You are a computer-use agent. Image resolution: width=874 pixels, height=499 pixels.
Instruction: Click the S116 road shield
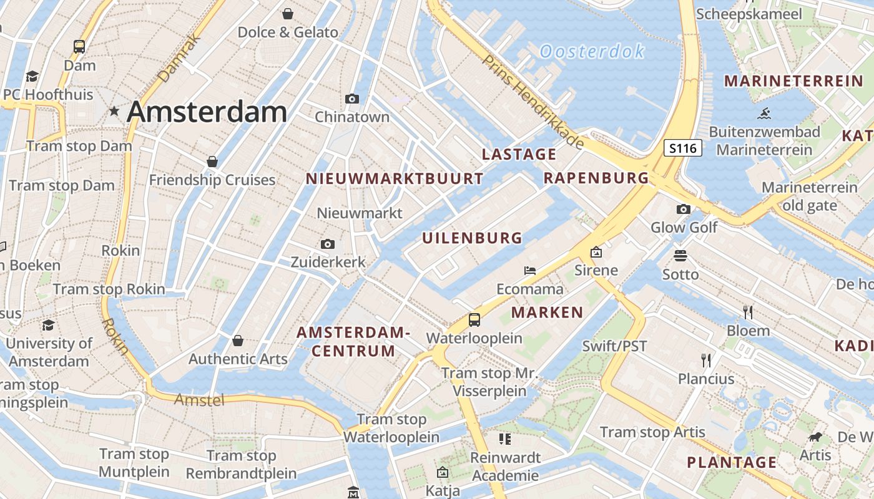pyautogui.click(x=682, y=148)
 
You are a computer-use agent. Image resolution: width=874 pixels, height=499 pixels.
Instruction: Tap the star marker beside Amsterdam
pyautogui.click(x=114, y=112)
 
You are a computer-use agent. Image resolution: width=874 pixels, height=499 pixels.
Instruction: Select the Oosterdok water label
pyautogui.click(x=592, y=51)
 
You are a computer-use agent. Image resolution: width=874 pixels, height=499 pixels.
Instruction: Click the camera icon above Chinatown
pyautogui.click(x=352, y=99)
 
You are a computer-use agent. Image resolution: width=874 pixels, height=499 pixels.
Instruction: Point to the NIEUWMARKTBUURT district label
pyautogui.click(x=395, y=179)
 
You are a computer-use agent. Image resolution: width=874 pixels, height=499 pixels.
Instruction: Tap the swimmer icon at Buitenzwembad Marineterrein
pyautogui.click(x=764, y=114)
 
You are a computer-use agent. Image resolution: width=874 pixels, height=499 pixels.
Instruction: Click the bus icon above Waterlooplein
pyautogui.click(x=474, y=320)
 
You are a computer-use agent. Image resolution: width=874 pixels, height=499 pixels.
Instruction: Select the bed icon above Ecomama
pyautogui.click(x=530, y=271)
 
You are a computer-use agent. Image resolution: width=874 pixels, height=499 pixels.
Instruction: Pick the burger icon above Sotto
pyautogui.click(x=680, y=256)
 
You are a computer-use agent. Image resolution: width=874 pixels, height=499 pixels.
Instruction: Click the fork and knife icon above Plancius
pyautogui.click(x=706, y=360)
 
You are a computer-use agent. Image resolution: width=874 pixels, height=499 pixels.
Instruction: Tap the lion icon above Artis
pyautogui.click(x=815, y=437)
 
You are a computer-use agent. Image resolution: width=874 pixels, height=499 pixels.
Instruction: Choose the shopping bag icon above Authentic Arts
pyautogui.click(x=238, y=341)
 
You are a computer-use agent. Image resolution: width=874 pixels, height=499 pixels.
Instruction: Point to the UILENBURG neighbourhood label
pyautogui.click(x=472, y=238)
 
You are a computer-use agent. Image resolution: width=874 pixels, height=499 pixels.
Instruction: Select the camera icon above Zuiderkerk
pyautogui.click(x=328, y=244)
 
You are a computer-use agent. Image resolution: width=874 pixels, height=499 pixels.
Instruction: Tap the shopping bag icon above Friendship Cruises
pyautogui.click(x=212, y=162)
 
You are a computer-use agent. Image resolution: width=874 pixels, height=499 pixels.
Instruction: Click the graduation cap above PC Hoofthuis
pyautogui.click(x=32, y=76)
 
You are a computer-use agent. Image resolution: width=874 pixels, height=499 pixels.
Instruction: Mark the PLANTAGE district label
pyautogui.click(x=732, y=462)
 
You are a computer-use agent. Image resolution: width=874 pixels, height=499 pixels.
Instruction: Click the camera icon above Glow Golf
pyautogui.click(x=684, y=209)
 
